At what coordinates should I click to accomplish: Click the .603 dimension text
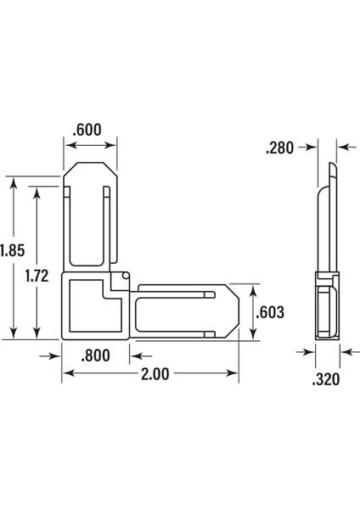click(270, 312)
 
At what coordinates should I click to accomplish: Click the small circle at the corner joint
click(124, 276)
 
